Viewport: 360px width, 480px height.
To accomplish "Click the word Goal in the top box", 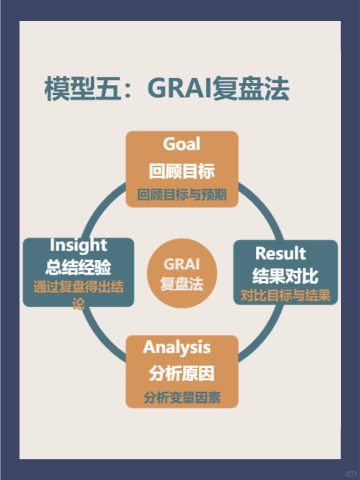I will (x=182, y=144).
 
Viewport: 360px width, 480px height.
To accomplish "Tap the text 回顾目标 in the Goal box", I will (x=182, y=171).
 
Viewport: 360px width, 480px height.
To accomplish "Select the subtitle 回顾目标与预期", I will (x=182, y=195).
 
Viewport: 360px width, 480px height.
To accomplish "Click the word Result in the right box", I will (x=280, y=254).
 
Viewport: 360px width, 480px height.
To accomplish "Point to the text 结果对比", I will (x=285, y=276).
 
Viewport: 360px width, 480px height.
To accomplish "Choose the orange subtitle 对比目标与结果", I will (x=285, y=295).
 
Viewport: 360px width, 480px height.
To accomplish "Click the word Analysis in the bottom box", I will (x=177, y=348).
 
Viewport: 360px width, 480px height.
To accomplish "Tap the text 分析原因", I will (x=182, y=373).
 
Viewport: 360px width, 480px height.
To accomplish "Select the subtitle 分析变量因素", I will (x=182, y=397).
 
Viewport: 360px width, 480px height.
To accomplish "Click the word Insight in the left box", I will (x=78, y=245).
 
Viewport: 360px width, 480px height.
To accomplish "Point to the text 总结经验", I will (x=78, y=267).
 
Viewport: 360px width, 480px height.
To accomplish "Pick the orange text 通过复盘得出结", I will (x=78, y=287).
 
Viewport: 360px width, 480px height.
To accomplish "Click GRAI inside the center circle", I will (x=182, y=265).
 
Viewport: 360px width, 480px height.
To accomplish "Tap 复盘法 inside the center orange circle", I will (x=182, y=284).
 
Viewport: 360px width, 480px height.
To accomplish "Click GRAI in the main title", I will (x=180, y=89).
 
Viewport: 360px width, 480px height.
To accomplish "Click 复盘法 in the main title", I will (x=251, y=89).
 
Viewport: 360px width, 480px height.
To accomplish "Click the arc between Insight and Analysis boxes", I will (x=100, y=337).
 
